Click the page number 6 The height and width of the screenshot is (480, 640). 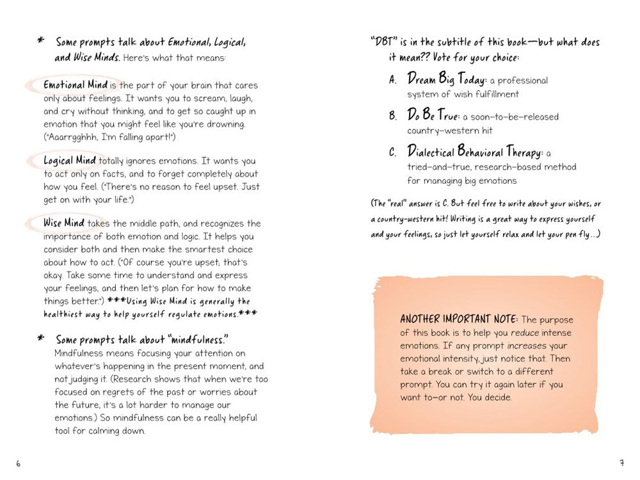(x=19, y=463)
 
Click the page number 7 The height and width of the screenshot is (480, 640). (x=621, y=463)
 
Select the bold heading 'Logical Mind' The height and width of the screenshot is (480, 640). (x=70, y=161)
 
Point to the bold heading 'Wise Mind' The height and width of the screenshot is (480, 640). (x=62, y=223)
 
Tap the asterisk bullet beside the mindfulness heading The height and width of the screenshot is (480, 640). (x=41, y=339)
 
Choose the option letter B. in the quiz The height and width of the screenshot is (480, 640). (x=393, y=116)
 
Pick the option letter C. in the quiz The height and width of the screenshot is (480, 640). (x=393, y=153)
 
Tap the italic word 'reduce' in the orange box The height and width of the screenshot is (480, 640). (x=524, y=333)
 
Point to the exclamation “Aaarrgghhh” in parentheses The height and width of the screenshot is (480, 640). (x=71, y=137)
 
